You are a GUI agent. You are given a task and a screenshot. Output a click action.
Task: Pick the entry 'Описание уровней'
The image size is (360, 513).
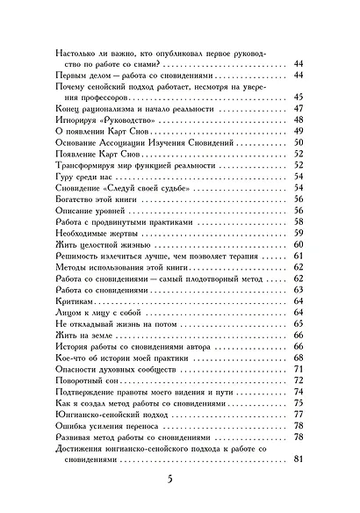click(x=88, y=210)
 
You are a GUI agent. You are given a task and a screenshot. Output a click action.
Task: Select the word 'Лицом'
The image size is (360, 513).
click(x=68, y=313)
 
